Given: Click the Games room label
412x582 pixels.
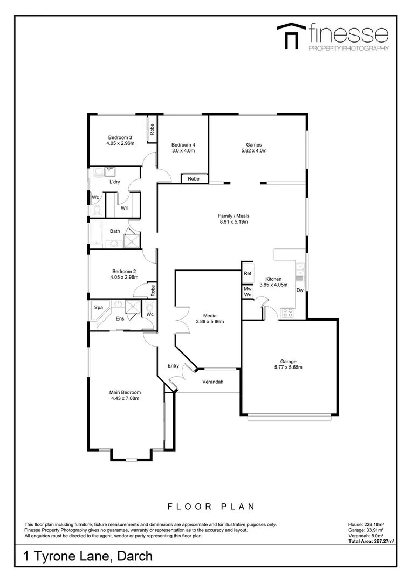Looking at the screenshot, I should (x=253, y=144).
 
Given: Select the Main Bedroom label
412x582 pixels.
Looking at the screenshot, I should (x=125, y=392).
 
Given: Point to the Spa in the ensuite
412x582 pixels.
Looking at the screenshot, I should (x=99, y=308).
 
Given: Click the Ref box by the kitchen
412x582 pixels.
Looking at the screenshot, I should (x=248, y=273).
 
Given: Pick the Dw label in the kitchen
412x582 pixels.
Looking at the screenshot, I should (x=299, y=290).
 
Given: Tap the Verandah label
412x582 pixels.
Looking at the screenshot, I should (x=213, y=382).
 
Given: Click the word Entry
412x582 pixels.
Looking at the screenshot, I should (x=173, y=366).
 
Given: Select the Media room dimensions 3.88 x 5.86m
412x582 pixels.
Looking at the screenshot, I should (x=210, y=322).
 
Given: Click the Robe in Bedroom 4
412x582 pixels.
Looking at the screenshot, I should (x=194, y=178).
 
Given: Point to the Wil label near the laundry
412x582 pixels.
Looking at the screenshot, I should (x=124, y=207).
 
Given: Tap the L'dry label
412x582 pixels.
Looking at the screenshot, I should (x=114, y=182).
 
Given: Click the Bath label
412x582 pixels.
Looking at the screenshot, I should (x=115, y=231).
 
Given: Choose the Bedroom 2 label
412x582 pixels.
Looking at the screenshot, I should (x=124, y=271).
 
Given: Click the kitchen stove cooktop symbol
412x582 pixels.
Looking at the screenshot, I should (x=288, y=311).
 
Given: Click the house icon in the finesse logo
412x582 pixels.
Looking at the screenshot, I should (x=292, y=36).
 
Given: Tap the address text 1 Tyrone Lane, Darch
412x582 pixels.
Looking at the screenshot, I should (x=88, y=556).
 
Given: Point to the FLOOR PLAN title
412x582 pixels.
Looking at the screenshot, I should (x=211, y=506).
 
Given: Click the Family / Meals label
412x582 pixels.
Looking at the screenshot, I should (x=234, y=216).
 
